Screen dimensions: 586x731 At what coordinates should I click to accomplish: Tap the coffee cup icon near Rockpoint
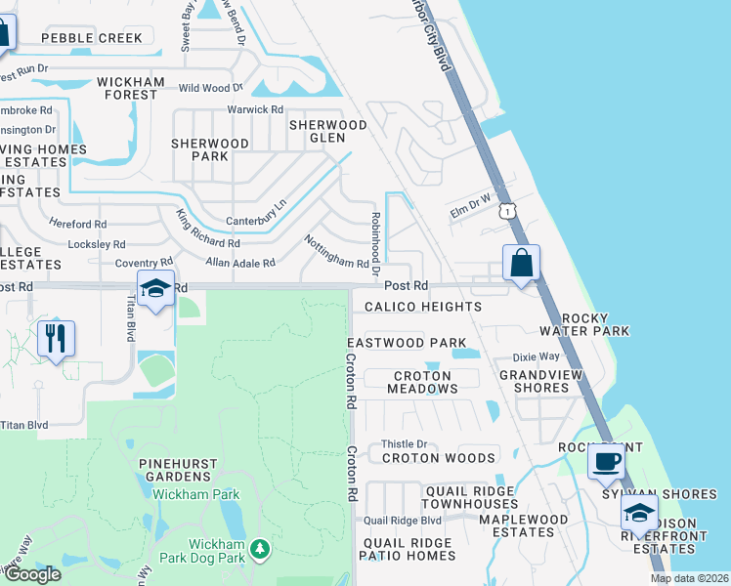pyautogui.click(x=606, y=460)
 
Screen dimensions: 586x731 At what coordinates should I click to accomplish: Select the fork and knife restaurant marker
pyautogui.click(x=56, y=339)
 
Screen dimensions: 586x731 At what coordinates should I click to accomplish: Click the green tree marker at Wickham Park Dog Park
pyautogui.click(x=259, y=551)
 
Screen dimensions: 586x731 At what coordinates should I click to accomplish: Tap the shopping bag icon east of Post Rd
pyautogui.click(x=521, y=264)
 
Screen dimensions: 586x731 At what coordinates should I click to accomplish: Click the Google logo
pyautogui.click(x=31, y=574)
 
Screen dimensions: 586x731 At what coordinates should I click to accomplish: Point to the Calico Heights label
pyautogui.click(x=423, y=307)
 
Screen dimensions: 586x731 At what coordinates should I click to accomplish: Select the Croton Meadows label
pyautogui.click(x=422, y=382)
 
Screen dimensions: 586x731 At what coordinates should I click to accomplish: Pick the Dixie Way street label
pyautogui.click(x=536, y=357)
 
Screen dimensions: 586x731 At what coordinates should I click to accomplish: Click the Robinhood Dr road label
pyautogui.click(x=374, y=240)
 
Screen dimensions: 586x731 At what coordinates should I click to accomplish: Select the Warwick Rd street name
pyautogui.click(x=254, y=109)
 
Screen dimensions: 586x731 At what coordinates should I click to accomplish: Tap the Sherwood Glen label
pyautogui.click(x=328, y=132)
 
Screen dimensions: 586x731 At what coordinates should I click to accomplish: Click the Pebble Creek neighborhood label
pyautogui.click(x=92, y=38)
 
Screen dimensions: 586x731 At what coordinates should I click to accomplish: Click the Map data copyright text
pyautogui.click(x=690, y=578)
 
